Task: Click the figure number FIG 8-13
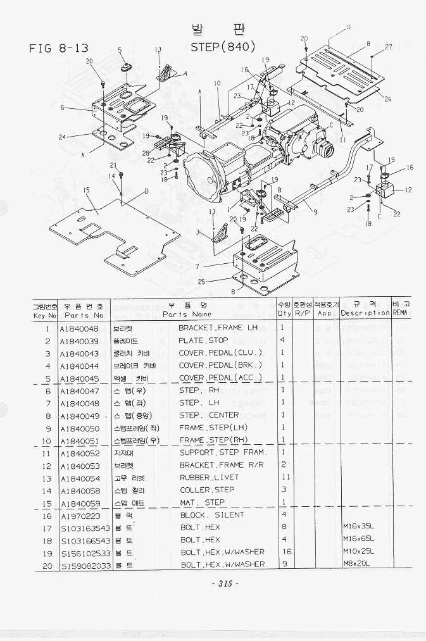[58, 49]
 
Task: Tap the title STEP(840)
[223, 46]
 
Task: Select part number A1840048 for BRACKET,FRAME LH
[79, 328]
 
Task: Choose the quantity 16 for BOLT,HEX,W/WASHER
[282, 552]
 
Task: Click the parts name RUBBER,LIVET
[210, 477]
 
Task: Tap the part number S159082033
[85, 564]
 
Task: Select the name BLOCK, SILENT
[211, 514]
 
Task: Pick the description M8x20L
[357, 564]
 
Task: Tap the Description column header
[365, 313]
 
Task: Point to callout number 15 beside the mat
[86, 189]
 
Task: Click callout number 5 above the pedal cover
[120, 49]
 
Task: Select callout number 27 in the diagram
[389, 46]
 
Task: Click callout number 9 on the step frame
[315, 212]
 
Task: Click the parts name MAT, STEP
[202, 502]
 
